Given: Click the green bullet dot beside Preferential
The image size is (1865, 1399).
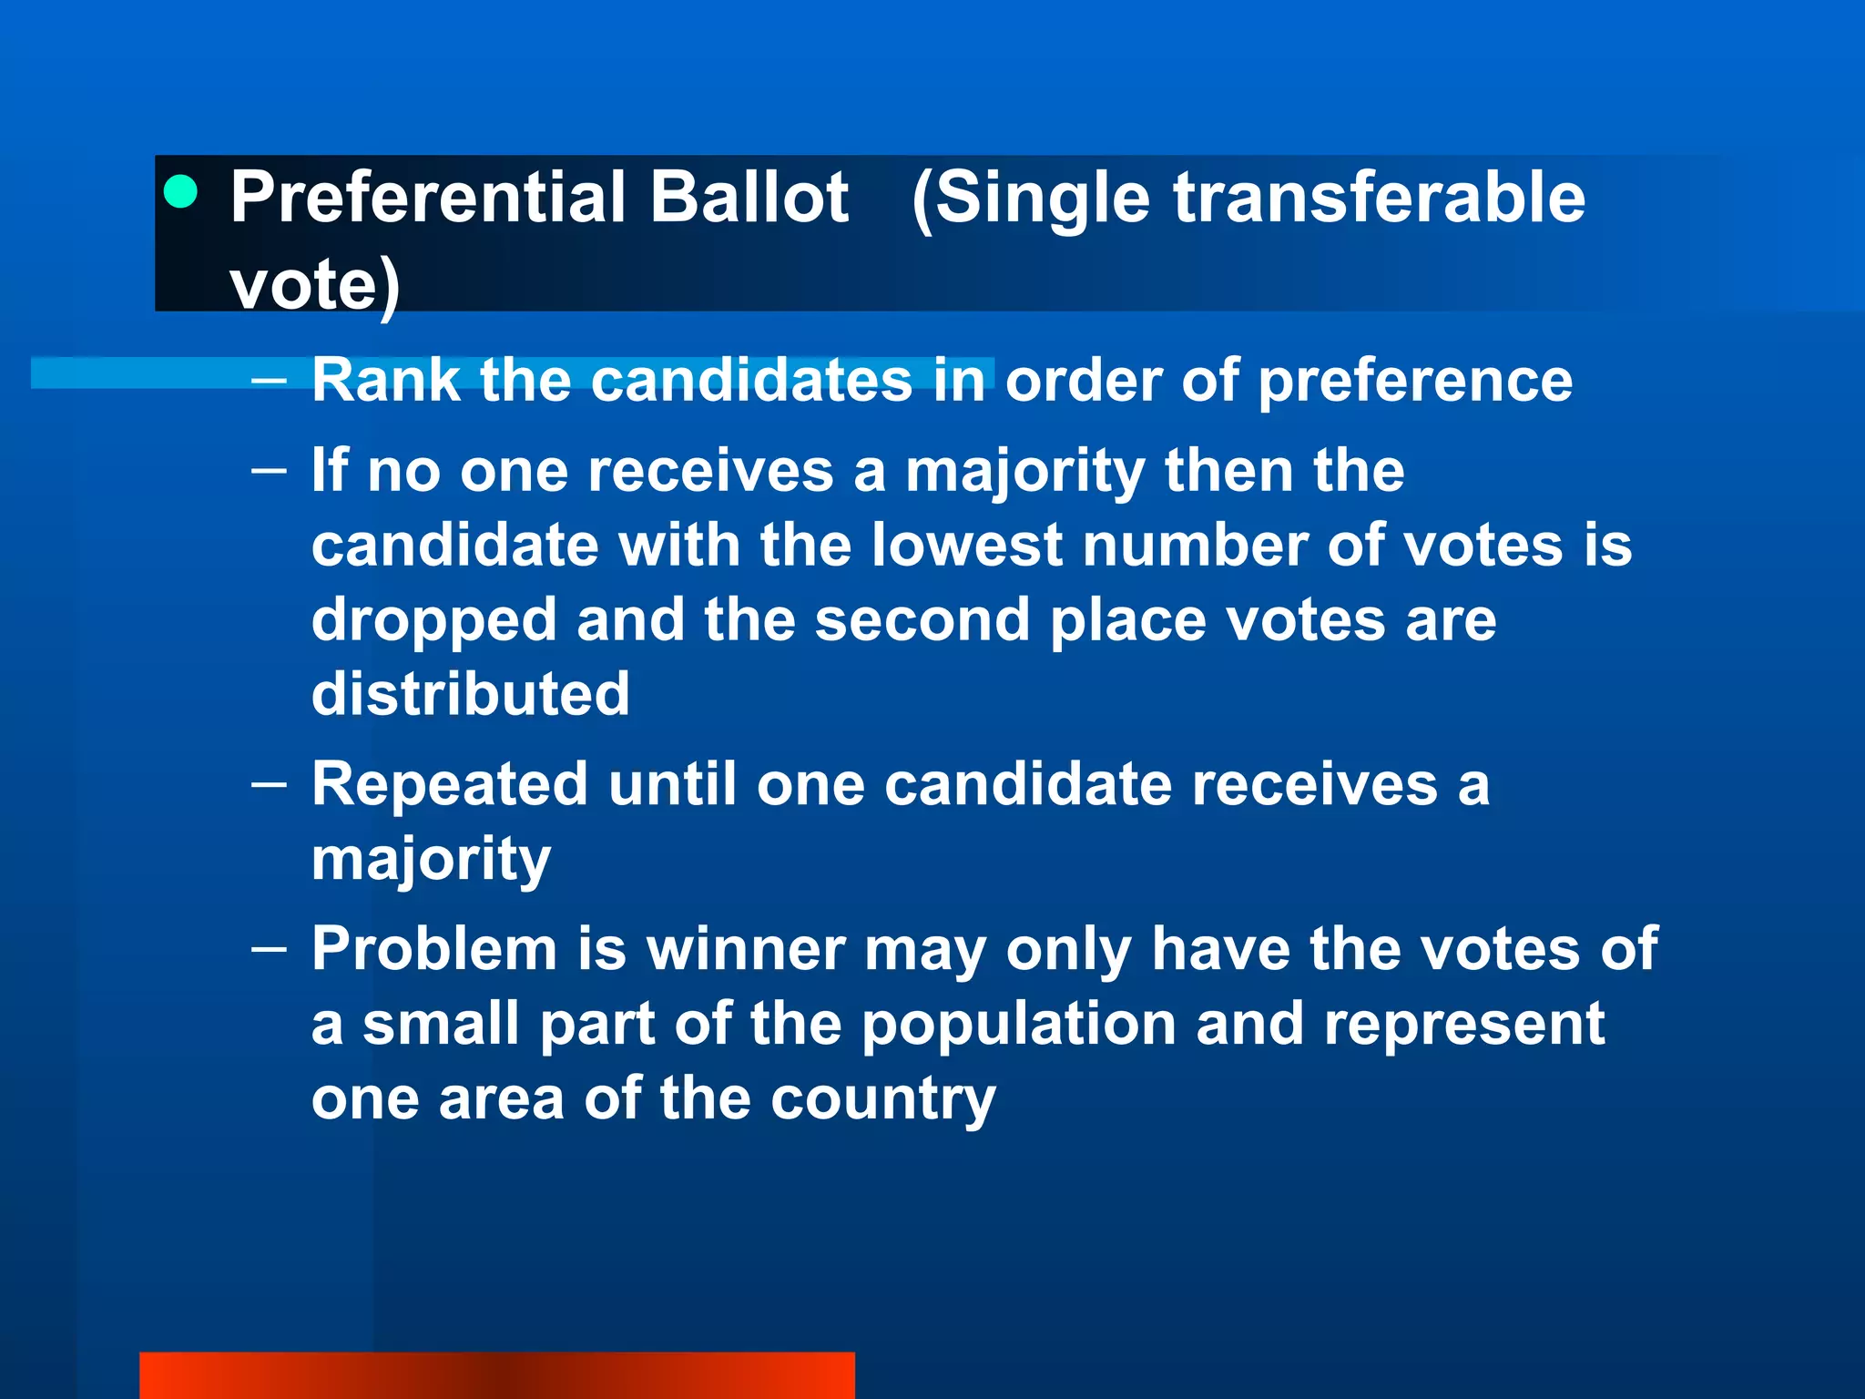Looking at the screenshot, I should point(181,192).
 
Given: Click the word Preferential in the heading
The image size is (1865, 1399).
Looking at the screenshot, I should point(428,198).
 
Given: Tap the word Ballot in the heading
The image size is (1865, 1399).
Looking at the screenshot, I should point(749,198).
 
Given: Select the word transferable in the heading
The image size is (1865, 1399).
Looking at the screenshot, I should point(1379,198).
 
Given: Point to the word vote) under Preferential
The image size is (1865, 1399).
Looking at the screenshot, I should point(314,285).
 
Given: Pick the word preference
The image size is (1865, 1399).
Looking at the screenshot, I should point(1415,380).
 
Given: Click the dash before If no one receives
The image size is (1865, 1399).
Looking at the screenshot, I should point(269,470).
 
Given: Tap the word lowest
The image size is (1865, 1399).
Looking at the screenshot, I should point(966,546).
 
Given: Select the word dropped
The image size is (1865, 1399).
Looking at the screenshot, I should point(433,621).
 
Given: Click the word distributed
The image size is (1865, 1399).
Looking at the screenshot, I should point(470,694).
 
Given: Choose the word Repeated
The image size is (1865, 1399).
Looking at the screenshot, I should point(450,785).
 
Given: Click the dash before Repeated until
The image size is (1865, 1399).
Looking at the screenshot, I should point(269,783).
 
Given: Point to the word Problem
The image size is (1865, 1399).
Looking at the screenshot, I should point(433,950).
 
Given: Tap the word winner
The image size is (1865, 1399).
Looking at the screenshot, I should point(746,950).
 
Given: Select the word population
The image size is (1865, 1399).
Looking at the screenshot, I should point(1018,1025).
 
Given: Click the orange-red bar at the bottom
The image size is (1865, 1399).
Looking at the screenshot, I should point(496,1375).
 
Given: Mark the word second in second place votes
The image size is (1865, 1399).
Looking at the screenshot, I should point(921,621).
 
